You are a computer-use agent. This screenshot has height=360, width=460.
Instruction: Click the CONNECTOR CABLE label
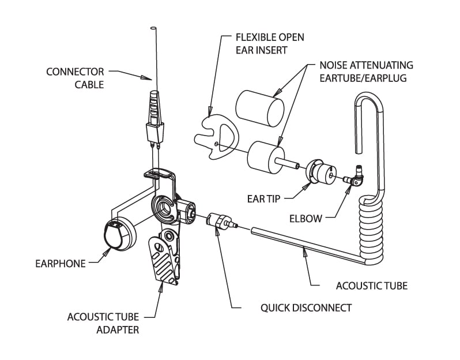[76, 78]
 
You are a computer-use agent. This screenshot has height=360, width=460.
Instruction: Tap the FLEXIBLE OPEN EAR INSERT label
[270, 43]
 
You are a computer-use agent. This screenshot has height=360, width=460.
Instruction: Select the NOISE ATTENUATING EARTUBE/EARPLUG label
[366, 72]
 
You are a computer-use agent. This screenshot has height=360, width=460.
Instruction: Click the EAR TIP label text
[264, 198]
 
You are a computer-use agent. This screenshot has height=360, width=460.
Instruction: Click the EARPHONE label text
[59, 264]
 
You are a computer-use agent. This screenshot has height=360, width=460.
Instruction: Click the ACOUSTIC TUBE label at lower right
[371, 286]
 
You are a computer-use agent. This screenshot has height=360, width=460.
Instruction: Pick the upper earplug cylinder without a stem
[259, 107]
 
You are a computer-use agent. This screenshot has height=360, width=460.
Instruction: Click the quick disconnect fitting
[220, 221]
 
